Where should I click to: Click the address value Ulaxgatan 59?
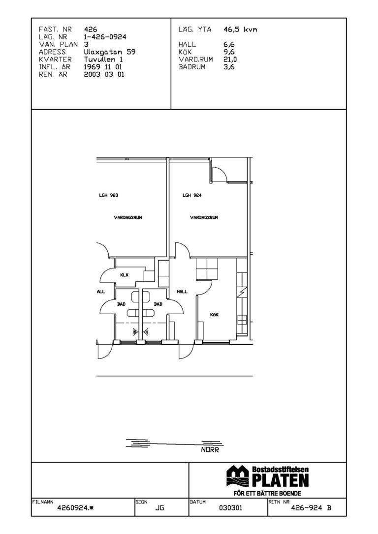(x=109, y=52)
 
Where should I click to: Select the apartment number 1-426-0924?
(x=105, y=37)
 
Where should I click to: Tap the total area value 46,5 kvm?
(x=240, y=30)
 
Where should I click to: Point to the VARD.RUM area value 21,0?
(x=230, y=59)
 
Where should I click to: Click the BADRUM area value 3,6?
(x=229, y=67)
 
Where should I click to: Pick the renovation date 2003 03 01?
(x=104, y=75)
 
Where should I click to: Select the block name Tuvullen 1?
(x=103, y=59)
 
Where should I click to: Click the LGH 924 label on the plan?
(x=192, y=196)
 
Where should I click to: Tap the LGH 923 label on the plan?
(x=109, y=196)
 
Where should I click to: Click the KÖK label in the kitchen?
(x=215, y=315)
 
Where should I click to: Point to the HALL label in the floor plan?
(x=182, y=292)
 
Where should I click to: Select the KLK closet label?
(x=125, y=275)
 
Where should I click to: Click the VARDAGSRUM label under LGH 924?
(x=204, y=217)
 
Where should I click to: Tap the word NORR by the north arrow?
(x=210, y=450)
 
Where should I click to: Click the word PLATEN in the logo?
(x=281, y=480)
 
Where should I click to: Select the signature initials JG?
(x=159, y=508)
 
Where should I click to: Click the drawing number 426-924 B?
(x=311, y=508)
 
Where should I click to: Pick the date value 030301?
(x=230, y=508)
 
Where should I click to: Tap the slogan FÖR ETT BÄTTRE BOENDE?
(x=268, y=494)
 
